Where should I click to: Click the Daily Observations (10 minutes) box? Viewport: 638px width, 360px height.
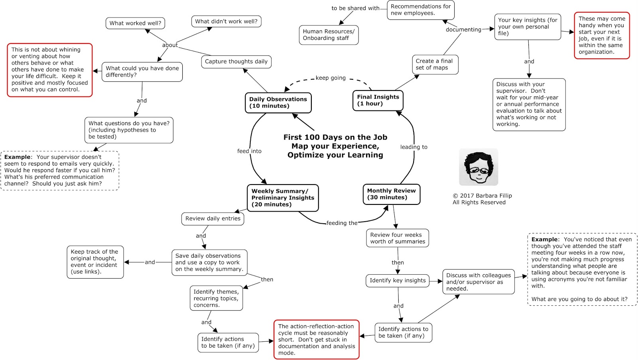point(278,103)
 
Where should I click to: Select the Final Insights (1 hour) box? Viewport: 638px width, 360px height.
point(378,100)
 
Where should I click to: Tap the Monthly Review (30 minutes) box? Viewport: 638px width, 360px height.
point(391,194)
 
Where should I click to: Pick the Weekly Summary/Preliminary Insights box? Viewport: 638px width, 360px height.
point(282,198)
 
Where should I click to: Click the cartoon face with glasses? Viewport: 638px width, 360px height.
point(478,167)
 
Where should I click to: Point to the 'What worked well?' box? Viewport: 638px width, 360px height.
point(135,23)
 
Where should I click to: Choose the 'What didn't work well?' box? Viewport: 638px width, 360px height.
point(226,22)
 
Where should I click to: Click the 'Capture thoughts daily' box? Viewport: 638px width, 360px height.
point(236,61)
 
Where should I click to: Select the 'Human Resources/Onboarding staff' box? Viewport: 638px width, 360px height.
point(328,35)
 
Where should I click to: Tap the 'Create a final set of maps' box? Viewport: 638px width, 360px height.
point(434,64)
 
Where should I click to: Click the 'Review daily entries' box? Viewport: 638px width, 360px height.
point(213,218)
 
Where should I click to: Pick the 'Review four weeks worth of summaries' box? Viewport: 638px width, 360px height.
point(397,238)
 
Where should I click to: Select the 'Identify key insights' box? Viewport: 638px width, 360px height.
point(398,280)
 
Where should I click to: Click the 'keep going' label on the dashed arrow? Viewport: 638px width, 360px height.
point(331,78)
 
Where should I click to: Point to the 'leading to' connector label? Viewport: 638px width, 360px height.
point(414,147)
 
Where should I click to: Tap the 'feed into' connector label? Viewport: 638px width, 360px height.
point(249,151)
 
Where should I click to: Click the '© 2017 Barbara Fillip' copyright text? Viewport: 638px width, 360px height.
point(482,196)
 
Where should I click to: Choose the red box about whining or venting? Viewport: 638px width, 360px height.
point(50,70)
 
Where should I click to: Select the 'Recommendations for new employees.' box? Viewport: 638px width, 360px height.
point(420,10)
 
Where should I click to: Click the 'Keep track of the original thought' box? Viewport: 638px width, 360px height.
point(95,262)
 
